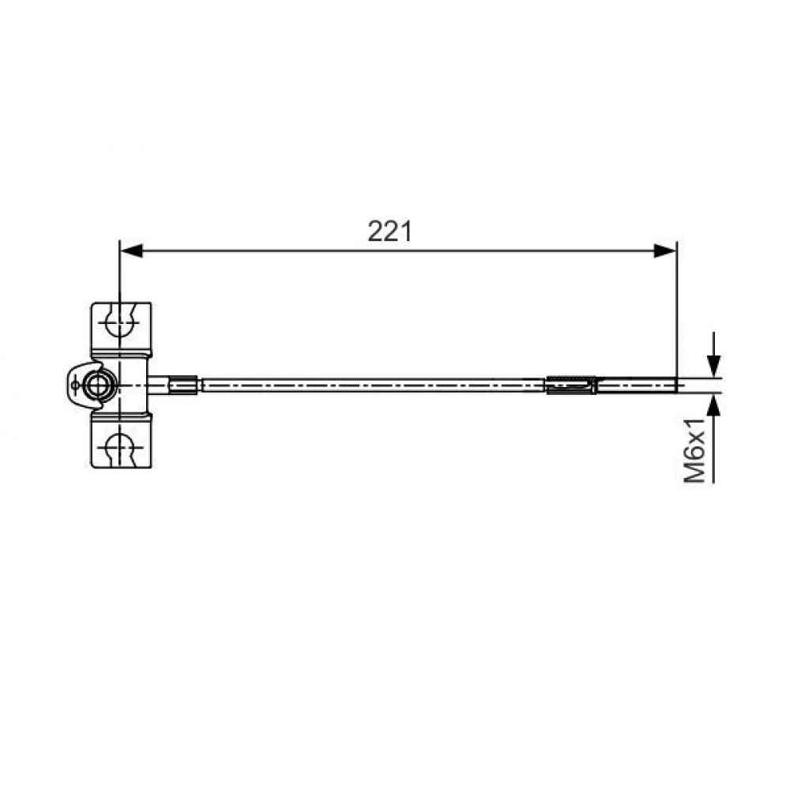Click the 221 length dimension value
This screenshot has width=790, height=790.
point(389,231)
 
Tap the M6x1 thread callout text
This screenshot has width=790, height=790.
point(694,450)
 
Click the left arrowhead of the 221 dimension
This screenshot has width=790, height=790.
point(132,250)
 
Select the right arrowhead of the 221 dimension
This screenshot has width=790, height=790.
point(664,250)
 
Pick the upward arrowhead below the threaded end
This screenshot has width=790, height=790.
point(713,404)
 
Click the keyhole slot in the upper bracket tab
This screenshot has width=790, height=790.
point(120,321)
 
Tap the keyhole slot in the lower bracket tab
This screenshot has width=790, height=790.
point(120,446)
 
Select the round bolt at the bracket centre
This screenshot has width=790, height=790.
point(98,386)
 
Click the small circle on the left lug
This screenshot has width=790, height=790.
point(74,386)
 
